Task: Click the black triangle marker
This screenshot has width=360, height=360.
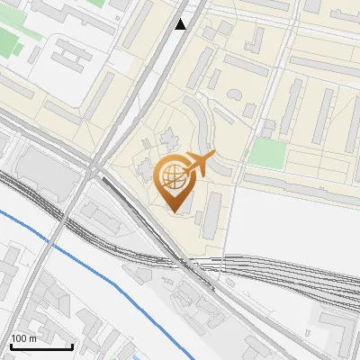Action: [x=182, y=24]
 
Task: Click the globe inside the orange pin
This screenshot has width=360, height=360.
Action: [x=174, y=177]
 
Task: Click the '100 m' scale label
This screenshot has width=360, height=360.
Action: [x=23, y=338]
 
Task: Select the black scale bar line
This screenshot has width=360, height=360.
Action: [x=40, y=346]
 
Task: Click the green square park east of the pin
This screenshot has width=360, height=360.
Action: [x=266, y=152]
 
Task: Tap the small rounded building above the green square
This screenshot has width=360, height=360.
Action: [x=268, y=125]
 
